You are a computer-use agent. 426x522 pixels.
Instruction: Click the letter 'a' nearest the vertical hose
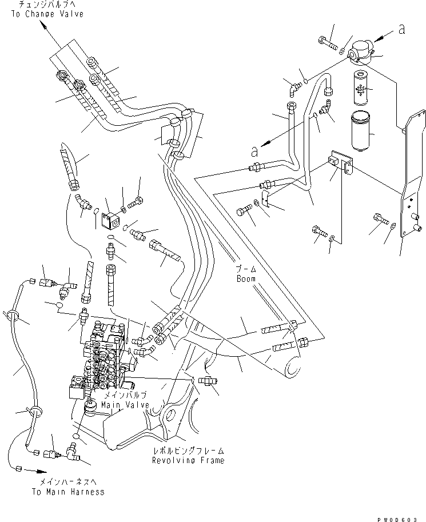pos(255,152)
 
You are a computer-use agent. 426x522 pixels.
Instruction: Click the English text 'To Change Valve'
pos(46,14)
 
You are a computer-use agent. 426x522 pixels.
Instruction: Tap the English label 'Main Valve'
pos(125,405)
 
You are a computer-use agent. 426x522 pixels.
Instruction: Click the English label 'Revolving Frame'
pos(188,460)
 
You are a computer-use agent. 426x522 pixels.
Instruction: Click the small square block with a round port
pos(112,220)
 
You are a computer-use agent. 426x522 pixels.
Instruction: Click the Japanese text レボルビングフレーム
pos(188,451)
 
